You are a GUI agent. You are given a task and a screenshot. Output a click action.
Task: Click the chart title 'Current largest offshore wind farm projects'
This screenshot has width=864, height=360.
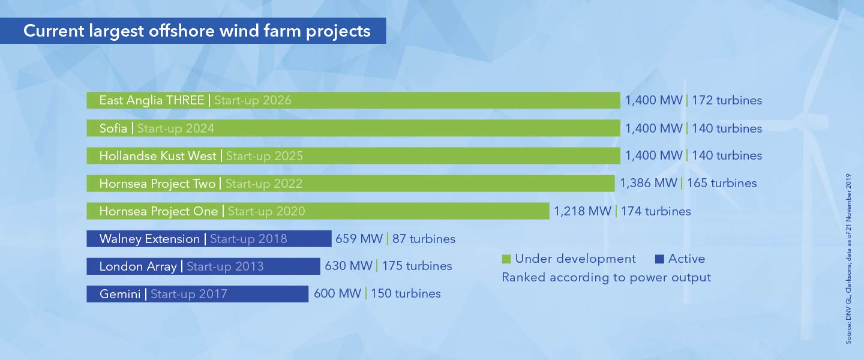tap(196, 31)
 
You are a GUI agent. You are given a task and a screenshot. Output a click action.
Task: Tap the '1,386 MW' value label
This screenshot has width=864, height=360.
tap(648, 183)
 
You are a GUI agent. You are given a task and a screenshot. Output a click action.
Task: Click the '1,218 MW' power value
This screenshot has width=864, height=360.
tap(582, 211)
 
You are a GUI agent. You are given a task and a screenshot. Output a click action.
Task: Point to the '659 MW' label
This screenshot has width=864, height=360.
tap(359, 239)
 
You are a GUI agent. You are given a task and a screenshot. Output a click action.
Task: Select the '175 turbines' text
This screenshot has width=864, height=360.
tap(417, 266)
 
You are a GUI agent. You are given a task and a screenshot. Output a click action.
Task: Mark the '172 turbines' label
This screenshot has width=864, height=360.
tap(727, 100)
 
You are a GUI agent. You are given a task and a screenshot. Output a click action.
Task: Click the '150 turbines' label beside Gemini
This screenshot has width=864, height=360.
tap(406, 293)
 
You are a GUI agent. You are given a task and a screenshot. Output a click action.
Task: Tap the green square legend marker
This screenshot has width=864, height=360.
tap(506, 259)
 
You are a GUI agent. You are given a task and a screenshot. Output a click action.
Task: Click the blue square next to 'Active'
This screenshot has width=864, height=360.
tap(660, 259)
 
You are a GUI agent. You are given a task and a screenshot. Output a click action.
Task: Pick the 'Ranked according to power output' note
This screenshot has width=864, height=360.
tap(606, 277)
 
